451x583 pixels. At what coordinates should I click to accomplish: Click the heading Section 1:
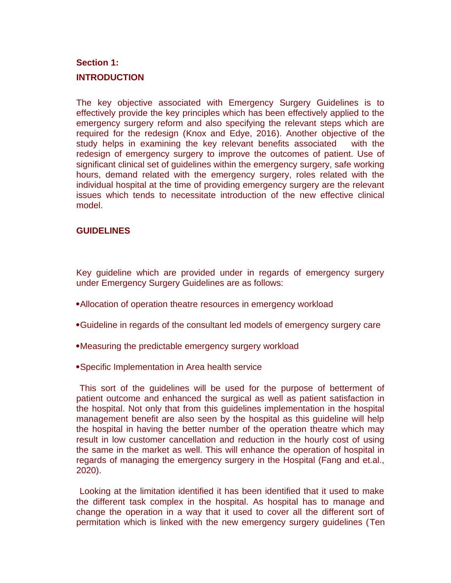tap(97, 62)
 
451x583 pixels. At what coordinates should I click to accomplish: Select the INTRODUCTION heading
tap(110, 77)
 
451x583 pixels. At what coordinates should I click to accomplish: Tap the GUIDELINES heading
tap(103, 231)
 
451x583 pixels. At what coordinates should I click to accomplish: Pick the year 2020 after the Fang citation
tap(88, 471)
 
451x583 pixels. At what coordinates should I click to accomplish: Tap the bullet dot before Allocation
tap(78, 304)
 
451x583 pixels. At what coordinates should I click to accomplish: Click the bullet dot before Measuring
tap(78, 346)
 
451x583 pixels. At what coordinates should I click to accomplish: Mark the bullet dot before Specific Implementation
tap(78, 367)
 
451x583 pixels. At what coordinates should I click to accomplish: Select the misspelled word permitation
tap(96, 522)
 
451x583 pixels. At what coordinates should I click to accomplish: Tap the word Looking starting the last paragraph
tap(95, 491)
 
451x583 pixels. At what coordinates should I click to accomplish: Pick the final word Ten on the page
tap(377, 522)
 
